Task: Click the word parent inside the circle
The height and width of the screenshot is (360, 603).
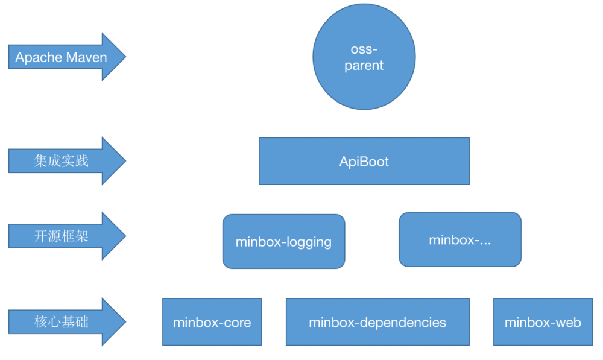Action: pyautogui.click(x=364, y=66)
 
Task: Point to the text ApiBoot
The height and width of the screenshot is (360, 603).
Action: pyautogui.click(x=364, y=162)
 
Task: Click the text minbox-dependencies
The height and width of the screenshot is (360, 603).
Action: pyautogui.click(x=377, y=323)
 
